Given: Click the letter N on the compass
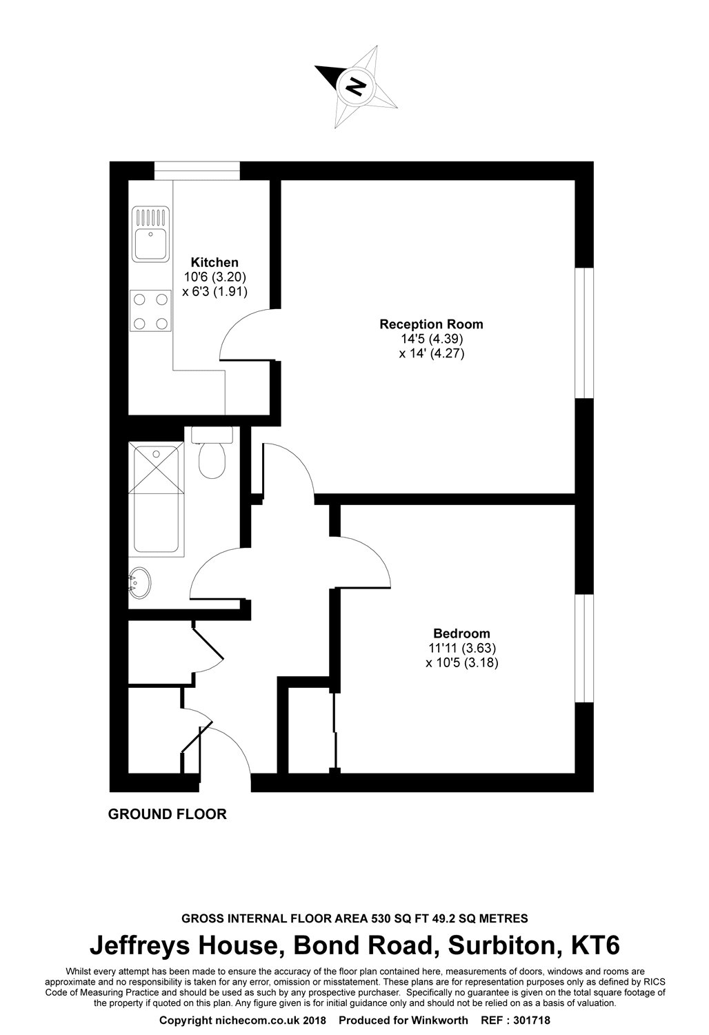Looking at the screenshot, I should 356,86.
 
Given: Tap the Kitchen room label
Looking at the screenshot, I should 214,262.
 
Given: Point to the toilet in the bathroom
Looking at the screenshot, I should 211,458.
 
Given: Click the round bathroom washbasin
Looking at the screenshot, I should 141,583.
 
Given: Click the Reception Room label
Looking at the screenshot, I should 431,324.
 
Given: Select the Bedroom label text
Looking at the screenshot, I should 461,633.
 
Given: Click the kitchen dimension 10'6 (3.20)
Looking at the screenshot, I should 214,277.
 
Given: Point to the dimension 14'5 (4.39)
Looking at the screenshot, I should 431,339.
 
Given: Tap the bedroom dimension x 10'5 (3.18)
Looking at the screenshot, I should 461,663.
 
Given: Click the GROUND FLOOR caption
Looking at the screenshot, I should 168,814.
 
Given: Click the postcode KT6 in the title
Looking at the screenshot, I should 592,945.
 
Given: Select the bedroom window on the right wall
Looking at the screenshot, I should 584,649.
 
